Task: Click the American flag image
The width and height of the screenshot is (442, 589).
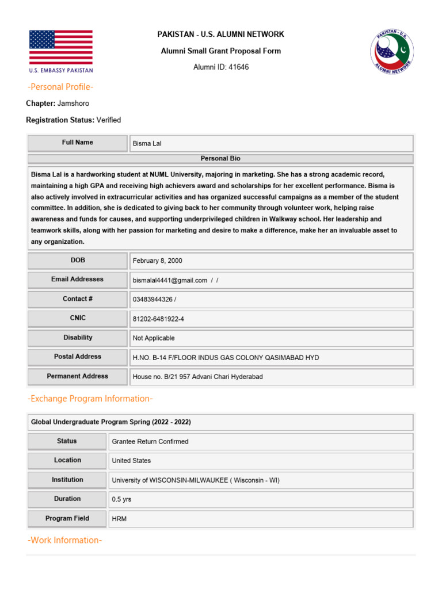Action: point(60,47)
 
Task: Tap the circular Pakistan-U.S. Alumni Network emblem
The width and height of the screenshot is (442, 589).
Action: point(391,51)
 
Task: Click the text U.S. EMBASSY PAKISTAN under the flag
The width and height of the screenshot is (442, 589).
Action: point(60,71)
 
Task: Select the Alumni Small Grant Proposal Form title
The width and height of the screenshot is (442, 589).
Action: point(221,51)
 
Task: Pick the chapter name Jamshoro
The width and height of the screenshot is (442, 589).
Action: point(74,104)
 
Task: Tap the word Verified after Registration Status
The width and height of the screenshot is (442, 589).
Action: point(109,120)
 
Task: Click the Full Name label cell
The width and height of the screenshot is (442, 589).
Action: point(78,143)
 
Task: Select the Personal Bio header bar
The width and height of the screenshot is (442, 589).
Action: point(220,158)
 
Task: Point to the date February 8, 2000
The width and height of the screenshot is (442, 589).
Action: point(157,261)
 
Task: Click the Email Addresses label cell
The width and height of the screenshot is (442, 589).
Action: point(78,280)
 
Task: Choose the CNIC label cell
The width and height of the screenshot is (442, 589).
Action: point(78,318)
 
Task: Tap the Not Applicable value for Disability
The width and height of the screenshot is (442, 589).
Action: point(154,338)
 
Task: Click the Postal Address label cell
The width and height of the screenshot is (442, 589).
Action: point(78,357)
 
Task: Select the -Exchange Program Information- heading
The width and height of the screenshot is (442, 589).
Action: point(90,399)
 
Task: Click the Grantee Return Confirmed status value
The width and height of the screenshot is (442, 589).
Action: point(150,442)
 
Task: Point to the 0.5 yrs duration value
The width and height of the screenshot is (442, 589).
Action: point(121,499)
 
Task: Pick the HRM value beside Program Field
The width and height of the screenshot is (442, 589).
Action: point(119,519)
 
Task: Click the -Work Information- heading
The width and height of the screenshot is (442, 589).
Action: point(65,540)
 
